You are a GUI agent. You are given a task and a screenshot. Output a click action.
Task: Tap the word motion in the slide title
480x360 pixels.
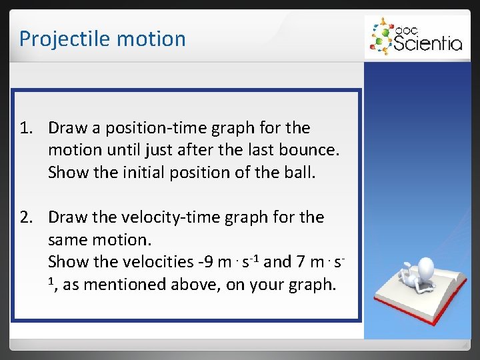pos(151,39)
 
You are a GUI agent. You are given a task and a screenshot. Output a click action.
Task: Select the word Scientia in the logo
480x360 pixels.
pos(427,43)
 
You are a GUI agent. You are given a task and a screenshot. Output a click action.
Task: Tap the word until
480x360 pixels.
pos(117,150)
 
